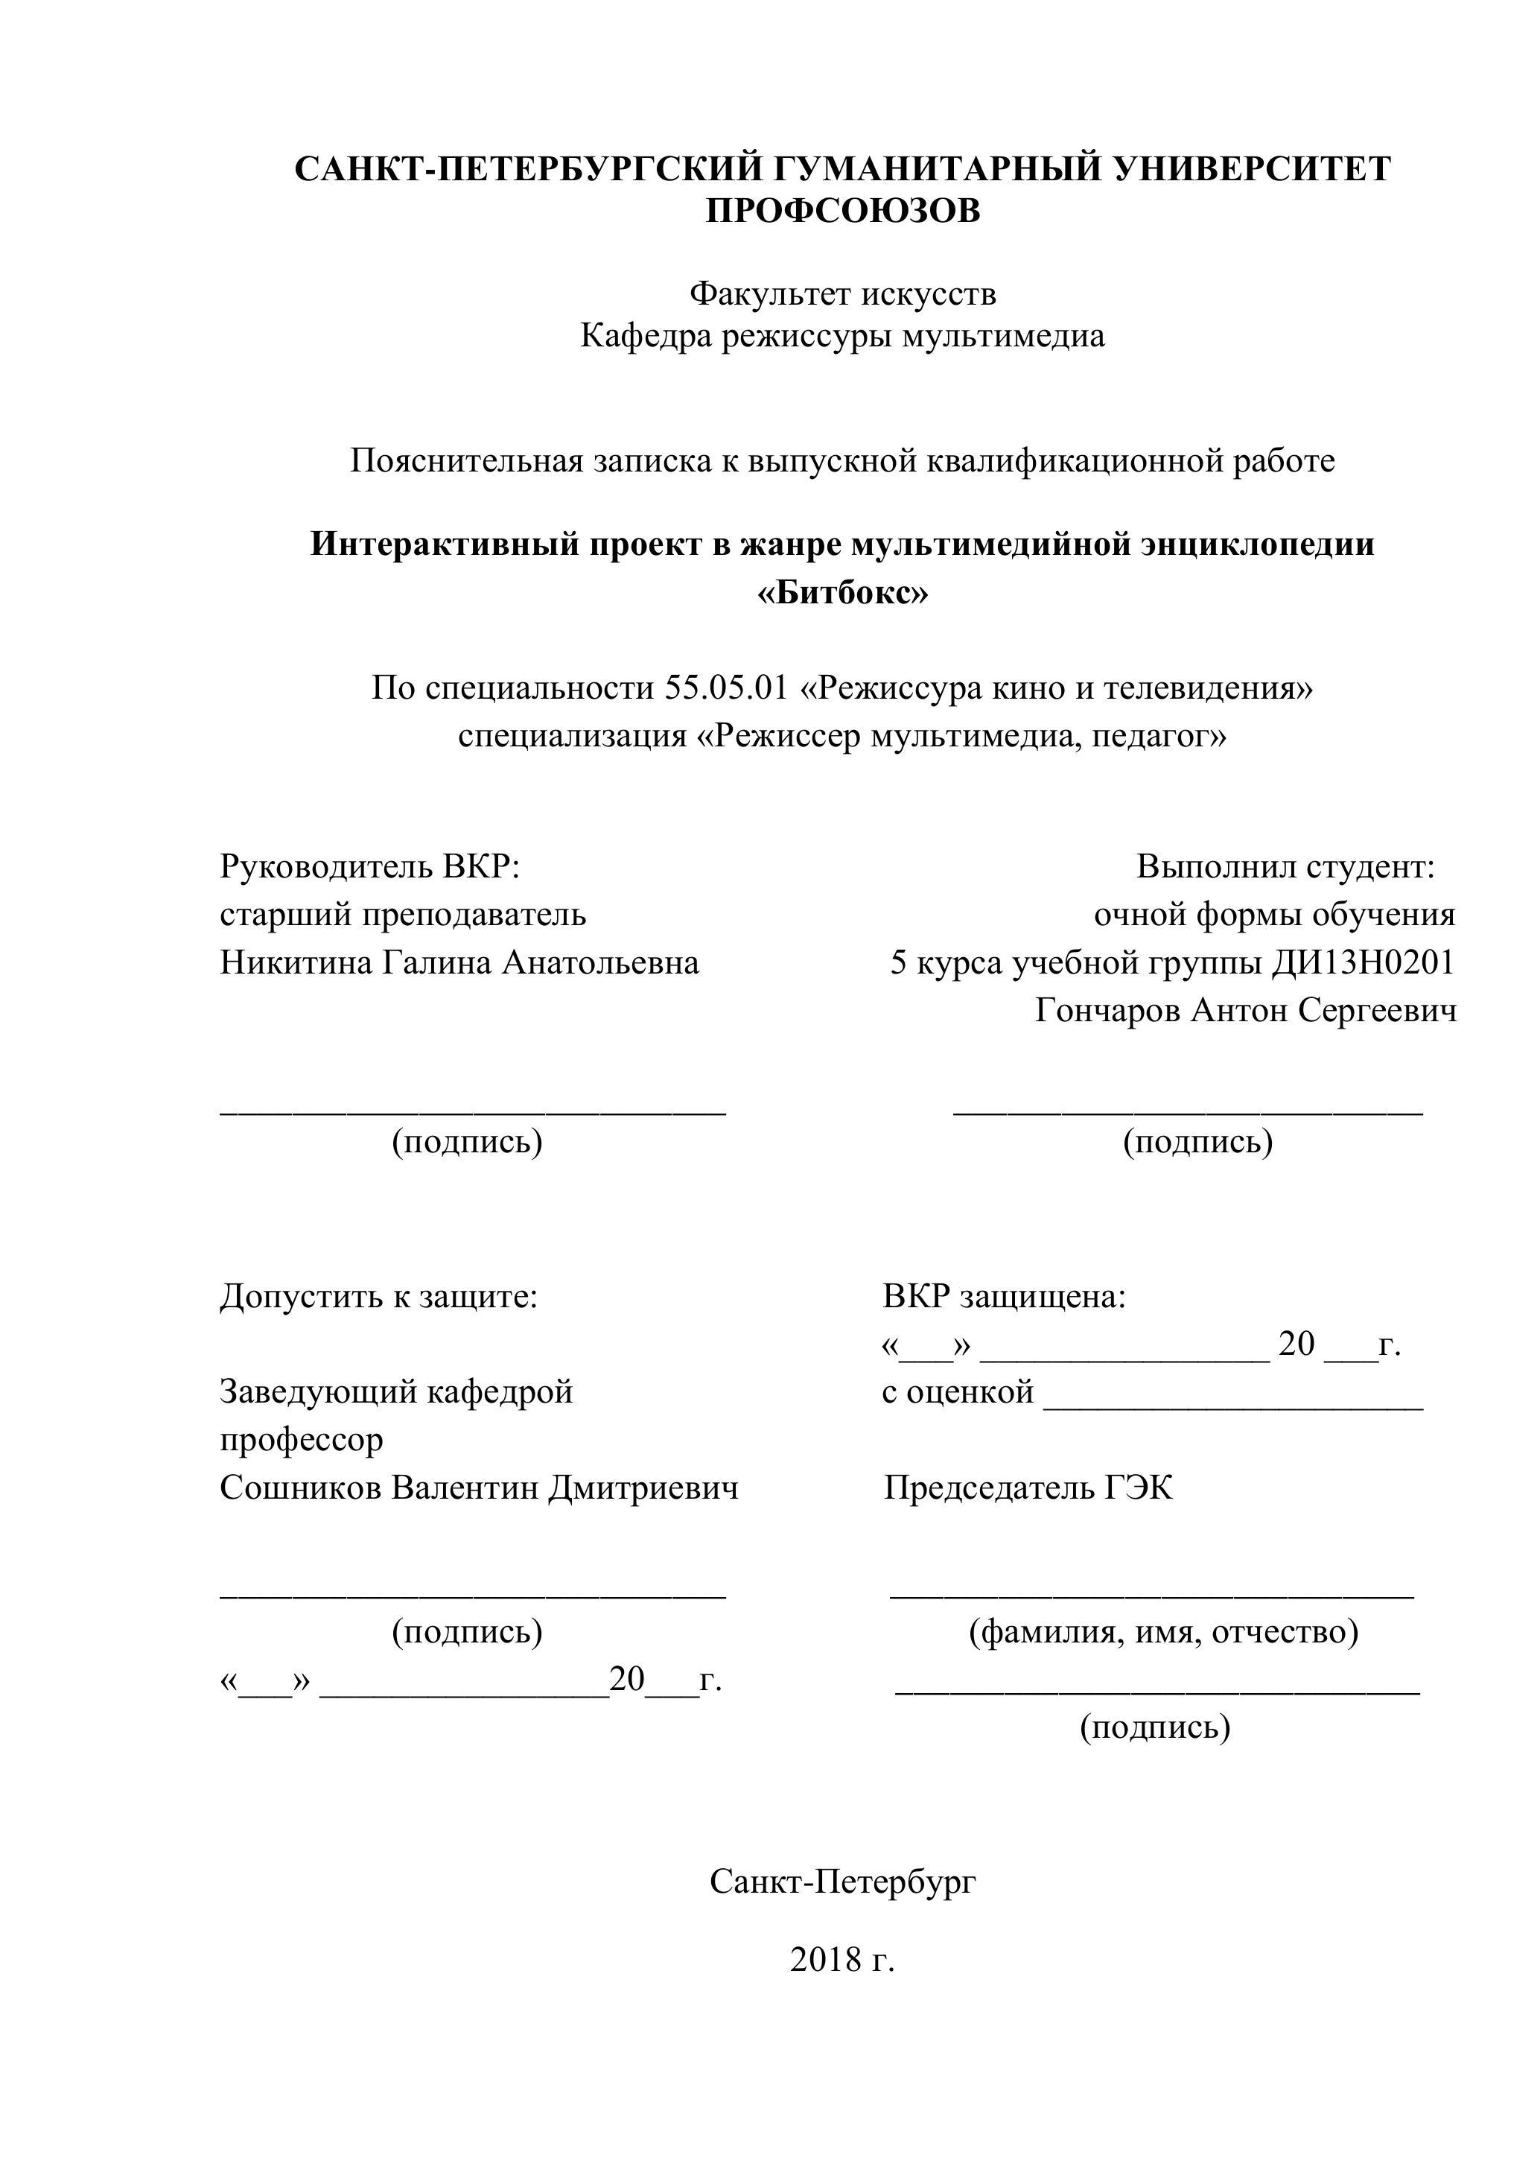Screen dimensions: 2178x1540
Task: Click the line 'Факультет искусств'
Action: point(842,294)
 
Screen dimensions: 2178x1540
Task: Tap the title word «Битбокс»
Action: point(842,594)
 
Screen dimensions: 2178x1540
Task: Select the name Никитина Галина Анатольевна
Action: point(459,963)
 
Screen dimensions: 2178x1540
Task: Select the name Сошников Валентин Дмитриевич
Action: point(479,1488)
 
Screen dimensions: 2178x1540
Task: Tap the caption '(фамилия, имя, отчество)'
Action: point(1163,1631)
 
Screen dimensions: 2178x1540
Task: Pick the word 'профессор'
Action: point(302,1440)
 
